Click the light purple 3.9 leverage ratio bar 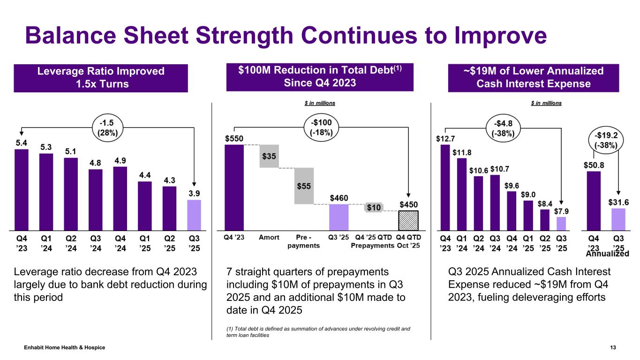pyautogui.click(x=194, y=214)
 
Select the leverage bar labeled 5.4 pyautogui.click(x=22, y=188)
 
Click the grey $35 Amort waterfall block pyautogui.click(x=269, y=156)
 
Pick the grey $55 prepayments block pyautogui.click(x=304, y=186)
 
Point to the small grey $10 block pyautogui.click(x=374, y=207)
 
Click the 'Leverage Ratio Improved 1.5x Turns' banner pyautogui.click(x=101, y=78)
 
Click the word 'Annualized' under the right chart pyautogui.click(x=607, y=254)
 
